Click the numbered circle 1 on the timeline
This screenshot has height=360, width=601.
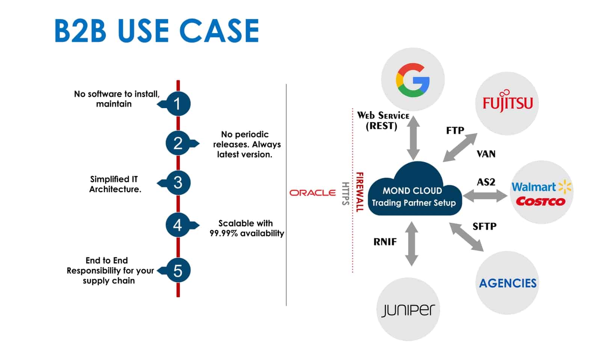(178, 104)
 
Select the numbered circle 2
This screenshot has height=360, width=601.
(178, 143)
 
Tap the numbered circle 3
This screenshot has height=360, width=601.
(178, 183)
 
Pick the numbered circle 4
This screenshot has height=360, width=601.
(178, 225)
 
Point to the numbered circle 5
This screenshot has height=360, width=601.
(178, 270)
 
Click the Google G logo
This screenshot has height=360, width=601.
(412, 80)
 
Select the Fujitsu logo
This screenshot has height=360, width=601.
(507, 101)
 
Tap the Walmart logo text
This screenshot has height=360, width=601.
(533, 187)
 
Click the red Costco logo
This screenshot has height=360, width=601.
(540, 202)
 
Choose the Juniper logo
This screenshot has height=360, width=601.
(408, 310)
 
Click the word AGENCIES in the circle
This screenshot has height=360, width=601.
(507, 283)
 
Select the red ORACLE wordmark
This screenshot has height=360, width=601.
(313, 193)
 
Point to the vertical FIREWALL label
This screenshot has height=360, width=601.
(359, 192)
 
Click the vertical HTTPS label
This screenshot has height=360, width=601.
(345, 193)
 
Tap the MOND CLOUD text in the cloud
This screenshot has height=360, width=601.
(412, 191)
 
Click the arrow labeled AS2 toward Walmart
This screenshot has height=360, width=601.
(485, 196)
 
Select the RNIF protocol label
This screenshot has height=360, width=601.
(385, 242)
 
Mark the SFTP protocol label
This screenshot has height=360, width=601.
(484, 226)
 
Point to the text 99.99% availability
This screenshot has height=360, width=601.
(246, 233)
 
